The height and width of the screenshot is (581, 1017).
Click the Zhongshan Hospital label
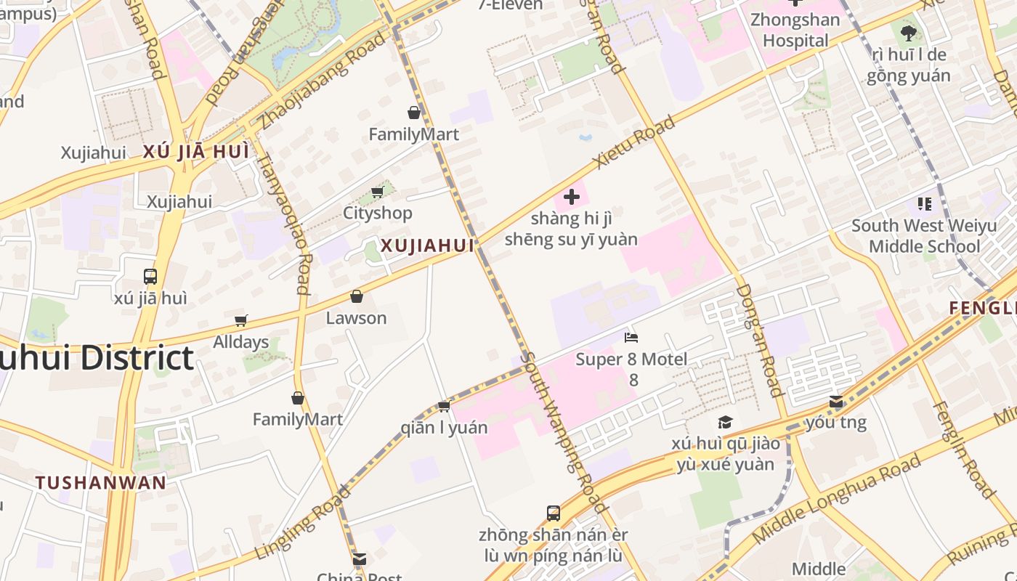795,30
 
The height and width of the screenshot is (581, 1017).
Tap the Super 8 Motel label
631,359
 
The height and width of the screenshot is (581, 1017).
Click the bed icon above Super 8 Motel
631,338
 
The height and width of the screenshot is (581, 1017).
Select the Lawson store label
356,318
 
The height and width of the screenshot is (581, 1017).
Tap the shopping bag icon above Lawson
356,296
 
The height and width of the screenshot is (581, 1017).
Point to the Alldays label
241,342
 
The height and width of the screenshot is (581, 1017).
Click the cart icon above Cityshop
377,192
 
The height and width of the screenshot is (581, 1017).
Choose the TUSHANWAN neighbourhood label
101,483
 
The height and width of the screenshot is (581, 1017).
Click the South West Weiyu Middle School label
924,236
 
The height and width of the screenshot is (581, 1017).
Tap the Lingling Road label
304,522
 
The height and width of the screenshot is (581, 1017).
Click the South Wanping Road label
564,432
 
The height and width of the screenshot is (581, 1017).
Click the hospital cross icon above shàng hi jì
572,196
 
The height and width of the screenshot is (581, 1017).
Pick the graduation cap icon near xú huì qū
725,423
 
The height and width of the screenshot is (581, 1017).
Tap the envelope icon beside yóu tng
836,402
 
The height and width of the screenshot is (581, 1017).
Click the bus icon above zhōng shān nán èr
554,513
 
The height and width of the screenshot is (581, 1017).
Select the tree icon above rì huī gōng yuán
908,33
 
